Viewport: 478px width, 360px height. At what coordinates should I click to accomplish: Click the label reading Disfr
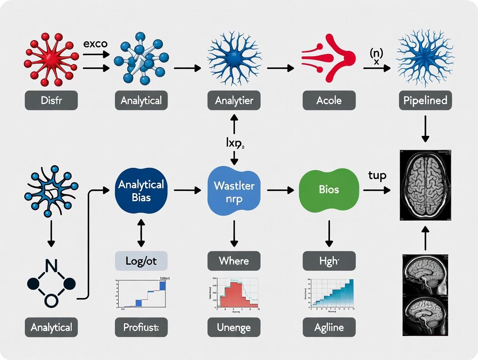pyautogui.click(x=51, y=100)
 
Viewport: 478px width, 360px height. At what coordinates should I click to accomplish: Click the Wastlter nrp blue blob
pyautogui.click(x=234, y=190)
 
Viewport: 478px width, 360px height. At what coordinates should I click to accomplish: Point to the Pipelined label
pyautogui.click(x=425, y=100)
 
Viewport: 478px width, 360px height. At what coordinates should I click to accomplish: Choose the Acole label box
pyautogui.click(x=329, y=100)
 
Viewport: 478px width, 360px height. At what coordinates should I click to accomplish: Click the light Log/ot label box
pyautogui.click(x=141, y=261)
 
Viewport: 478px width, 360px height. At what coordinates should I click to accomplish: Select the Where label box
pyautogui.click(x=234, y=261)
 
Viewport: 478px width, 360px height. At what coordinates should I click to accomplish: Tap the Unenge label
pyautogui.click(x=234, y=327)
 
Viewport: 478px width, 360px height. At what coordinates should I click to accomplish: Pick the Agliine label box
pyautogui.click(x=329, y=327)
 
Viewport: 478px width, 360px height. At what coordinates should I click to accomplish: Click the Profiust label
pyautogui.click(x=141, y=327)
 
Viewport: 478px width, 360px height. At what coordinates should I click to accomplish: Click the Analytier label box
pyautogui.click(x=234, y=100)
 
